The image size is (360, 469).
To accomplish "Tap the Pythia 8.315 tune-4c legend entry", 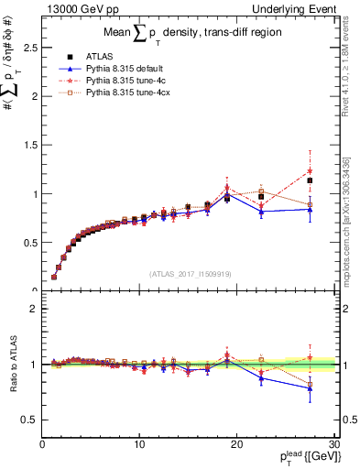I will click(x=126, y=80).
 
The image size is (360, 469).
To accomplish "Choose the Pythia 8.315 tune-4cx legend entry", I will click(x=128, y=93).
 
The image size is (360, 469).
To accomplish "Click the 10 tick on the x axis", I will click(x=139, y=444).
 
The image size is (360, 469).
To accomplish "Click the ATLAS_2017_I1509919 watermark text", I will click(x=189, y=272).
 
